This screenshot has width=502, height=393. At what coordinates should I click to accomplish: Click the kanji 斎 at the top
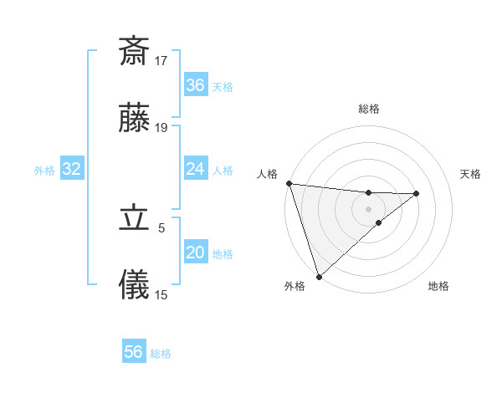134,51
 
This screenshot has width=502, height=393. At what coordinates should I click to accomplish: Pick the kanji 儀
134,285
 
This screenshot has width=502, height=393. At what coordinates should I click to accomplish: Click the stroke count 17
161,60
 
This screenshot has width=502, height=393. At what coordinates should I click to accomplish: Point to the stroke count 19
161,128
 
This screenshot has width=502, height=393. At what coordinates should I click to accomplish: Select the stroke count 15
161,294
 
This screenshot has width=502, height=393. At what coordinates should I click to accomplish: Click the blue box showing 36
196,85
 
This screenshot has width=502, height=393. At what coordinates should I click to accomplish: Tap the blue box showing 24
196,170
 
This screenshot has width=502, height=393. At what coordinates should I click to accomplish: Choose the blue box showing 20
196,253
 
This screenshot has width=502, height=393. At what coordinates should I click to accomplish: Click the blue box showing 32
72,170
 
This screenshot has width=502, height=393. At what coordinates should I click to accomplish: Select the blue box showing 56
134,353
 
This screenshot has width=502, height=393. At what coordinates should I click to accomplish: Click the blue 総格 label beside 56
161,354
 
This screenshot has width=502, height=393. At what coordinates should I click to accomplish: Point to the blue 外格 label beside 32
44,171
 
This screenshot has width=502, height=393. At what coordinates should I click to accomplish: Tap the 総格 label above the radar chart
369,109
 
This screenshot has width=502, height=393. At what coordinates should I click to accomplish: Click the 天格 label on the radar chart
471,174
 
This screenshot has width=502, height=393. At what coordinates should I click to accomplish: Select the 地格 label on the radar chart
438,287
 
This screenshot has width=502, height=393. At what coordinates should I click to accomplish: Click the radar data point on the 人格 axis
289,183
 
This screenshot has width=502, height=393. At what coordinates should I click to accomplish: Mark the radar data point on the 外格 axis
319,276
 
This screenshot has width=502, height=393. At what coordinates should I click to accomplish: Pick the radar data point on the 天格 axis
416,193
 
